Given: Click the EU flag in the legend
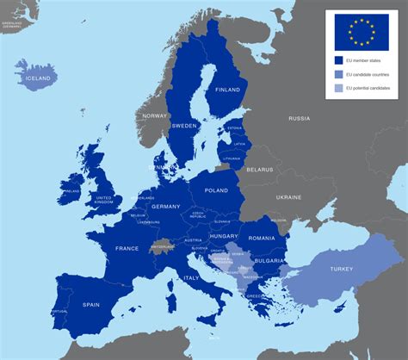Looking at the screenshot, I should point(362,32).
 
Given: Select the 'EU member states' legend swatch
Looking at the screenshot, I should point(339,61).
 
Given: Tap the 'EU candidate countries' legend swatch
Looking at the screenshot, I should point(339,74).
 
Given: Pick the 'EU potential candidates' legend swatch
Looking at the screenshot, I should point(339,87).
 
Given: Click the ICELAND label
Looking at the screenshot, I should point(38,78).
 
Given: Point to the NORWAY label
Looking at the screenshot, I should point(155,115).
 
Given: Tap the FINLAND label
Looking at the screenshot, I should point(228,90).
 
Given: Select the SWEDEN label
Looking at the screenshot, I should point(184,126).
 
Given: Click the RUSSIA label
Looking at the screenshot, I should point(299,118).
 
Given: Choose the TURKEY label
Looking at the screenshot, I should point(340,269).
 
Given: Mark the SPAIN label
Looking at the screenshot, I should point(91,304).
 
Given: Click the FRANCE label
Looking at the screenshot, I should point(126,248).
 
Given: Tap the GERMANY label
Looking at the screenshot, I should point(165,207).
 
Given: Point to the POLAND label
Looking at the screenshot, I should point(216,190).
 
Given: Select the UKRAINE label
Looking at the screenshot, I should point(288,197).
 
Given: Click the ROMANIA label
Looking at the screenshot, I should point(261,238).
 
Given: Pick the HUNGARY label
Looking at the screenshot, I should point(224,235).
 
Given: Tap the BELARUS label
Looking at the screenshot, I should point(260,170).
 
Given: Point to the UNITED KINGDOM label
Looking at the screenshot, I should point(103,200).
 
